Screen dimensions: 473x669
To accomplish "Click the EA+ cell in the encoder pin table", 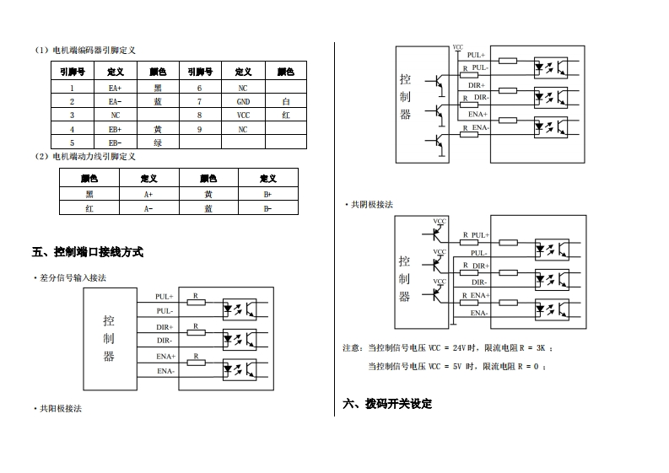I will pyautogui.click(x=115, y=87).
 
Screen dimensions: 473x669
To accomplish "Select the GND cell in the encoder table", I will pyautogui.click(x=242, y=101).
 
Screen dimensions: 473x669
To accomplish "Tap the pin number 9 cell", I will pyautogui.click(x=199, y=129).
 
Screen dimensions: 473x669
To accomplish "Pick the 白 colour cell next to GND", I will pyautogui.click(x=286, y=101).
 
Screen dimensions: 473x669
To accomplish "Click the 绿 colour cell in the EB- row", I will pyautogui.click(x=157, y=142).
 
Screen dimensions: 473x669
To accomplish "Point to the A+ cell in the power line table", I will pyautogui.click(x=148, y=193).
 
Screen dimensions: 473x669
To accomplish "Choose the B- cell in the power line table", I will pyautogui.click(x=267, y=207).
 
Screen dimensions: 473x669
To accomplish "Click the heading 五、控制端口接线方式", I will pyautogui.click(x=88, y=252).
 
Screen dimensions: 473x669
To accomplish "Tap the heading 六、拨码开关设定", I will pyautogui.click(x=387, y=404).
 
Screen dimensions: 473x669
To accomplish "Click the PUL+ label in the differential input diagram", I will pyautogui.click(x=165, y=297).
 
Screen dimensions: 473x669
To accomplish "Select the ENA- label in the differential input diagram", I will pyautogui.click(x=165, y=371).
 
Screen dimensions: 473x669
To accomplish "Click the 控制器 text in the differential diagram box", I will pyautogui.click(x=109, y=338).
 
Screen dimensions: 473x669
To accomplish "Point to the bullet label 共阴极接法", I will pyautogui.click(x=371, y=205).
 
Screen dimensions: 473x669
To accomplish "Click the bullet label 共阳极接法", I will pyautogui.click(x=60, y=408).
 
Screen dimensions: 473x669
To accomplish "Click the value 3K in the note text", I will pyautogui.click(x=542, y=347).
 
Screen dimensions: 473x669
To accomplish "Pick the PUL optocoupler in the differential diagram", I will pyautogui.click(x=240, y=309).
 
